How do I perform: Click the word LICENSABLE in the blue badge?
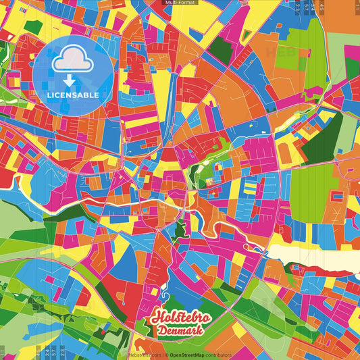pos(73,95)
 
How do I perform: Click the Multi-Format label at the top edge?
pos(180,3)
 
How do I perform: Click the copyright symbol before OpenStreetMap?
pos(165,354)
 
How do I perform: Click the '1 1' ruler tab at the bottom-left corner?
pos(3,353)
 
